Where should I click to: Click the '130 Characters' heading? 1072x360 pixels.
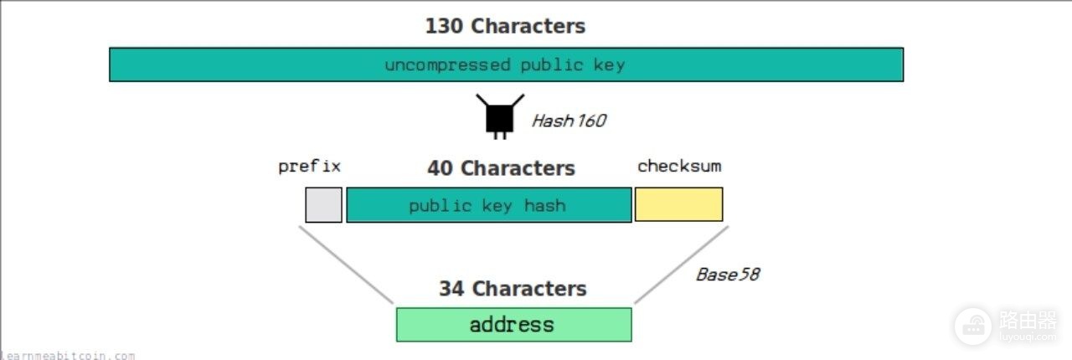[x=505, y=26]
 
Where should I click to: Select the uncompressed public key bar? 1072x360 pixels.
[x=507, y=64]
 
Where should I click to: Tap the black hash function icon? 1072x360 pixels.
[x=500, y=116]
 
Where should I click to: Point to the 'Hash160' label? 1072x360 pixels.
[x=569, y=121]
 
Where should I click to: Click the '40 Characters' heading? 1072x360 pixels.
[x=501, y=168]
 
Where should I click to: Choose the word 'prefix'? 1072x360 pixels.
[x=309, y=167]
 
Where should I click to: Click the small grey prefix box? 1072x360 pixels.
[x=324, y=205]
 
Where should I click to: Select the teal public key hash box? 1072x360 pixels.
[x=489, y=205]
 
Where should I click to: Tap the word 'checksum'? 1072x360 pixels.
[x=679, y=166]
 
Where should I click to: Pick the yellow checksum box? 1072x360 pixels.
[x=679, y=204]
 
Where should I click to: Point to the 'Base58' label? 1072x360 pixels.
[x=728, y=275]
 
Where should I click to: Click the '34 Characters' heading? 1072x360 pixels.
[x=513, y=289]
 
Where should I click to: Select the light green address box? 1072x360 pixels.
[x=514, y=325]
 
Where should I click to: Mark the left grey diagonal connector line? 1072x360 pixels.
[x=346, y=265]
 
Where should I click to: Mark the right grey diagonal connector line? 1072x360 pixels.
[x=682, y=265]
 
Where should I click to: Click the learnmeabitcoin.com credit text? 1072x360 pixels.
[x=68, y=356]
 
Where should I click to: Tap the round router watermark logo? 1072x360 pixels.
[x=973, y=327]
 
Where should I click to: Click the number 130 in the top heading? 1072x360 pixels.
[x=444, y=26]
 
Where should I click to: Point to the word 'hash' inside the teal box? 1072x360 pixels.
[x=545, y=205]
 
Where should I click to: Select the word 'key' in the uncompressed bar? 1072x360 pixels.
[x=609, y=65]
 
